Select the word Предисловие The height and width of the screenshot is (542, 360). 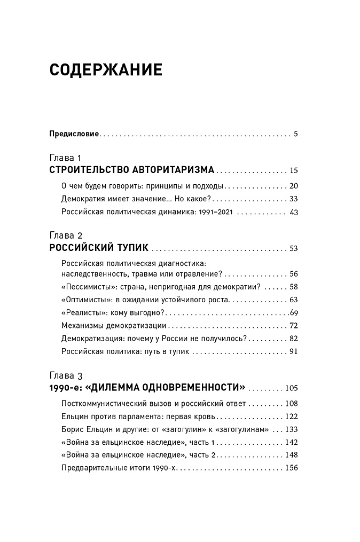click(x=74, y=133)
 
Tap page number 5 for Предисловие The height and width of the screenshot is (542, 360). click(x=295, y=133)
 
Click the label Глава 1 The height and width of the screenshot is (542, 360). click(x=65, y=159)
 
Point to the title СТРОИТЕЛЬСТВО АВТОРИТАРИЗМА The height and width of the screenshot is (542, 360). click(x=131, y=170)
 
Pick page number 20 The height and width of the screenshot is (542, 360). click(x=293, y=186)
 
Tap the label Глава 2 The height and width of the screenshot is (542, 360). click(x=65, y=235)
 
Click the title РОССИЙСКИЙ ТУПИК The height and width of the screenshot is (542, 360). click(x=98, y=248)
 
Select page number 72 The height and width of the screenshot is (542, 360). click(x=293, y=325)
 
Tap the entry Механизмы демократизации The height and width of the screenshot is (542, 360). click(x=114, y=325)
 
